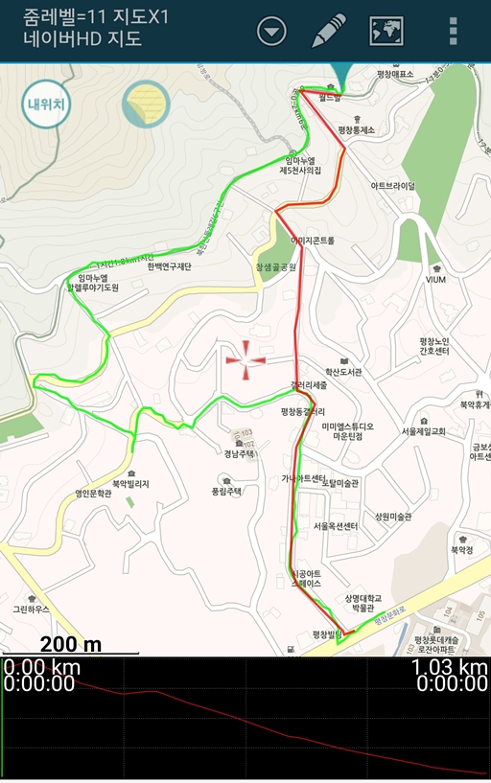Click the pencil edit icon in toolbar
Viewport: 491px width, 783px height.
click(329, 32)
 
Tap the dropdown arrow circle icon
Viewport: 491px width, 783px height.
click(272, 32)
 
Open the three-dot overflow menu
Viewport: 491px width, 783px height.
click(453, 32)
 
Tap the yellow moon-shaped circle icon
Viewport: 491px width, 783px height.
click(146, 104)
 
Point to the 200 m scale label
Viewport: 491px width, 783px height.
click(71, 643)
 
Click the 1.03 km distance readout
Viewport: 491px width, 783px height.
click(449, 668)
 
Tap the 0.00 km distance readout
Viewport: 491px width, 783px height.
click(41, 668)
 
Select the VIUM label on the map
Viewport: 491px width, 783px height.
click(436, 279)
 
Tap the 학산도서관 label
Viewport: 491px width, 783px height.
click(342, 372)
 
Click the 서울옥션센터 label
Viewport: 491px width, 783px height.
click(335, 526)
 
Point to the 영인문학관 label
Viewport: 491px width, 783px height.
click(101, 495)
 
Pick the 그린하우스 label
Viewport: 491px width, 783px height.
click(31, 609)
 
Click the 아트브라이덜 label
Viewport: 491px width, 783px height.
click(393, 186)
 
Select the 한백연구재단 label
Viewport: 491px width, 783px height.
click(170, 266)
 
